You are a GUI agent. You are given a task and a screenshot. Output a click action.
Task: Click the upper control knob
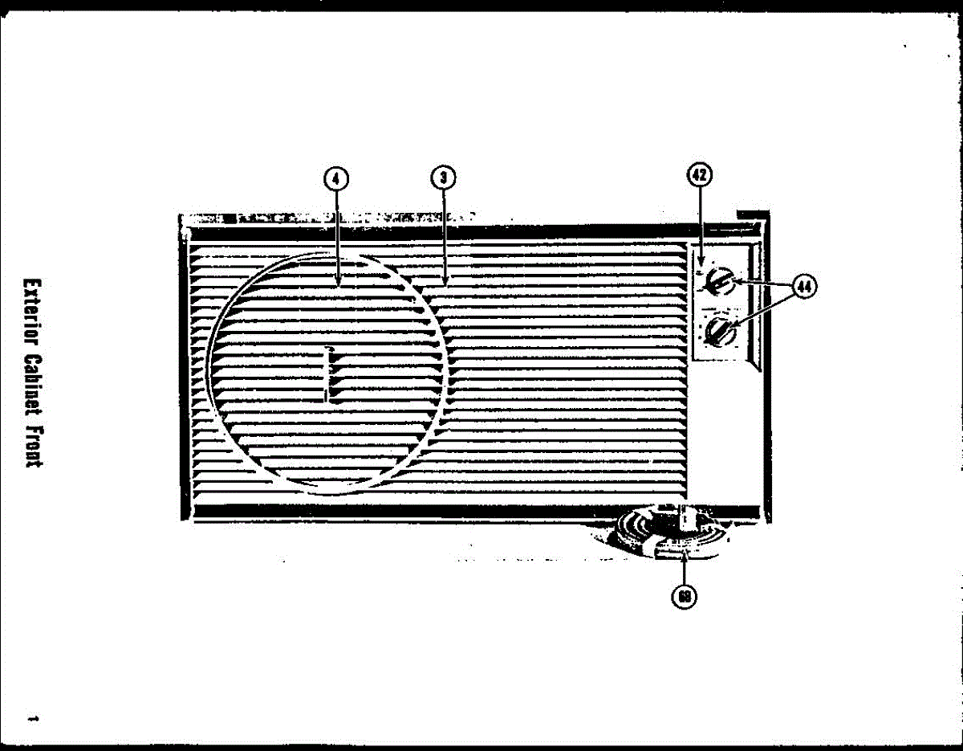click(721, 284)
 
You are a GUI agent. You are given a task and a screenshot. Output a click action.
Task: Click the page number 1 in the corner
click(33, 716)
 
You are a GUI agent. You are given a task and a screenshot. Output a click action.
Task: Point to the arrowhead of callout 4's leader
click(339, 283)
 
